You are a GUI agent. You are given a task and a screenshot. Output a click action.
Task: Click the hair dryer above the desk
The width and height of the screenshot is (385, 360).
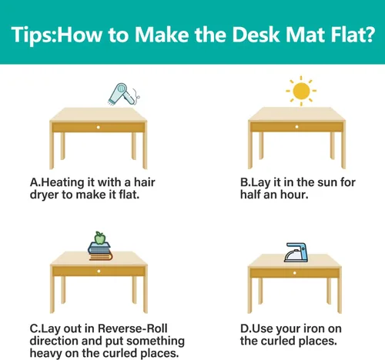[x=121, y=93]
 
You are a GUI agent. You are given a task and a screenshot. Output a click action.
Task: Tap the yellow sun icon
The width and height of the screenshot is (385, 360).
[x=301, y=91]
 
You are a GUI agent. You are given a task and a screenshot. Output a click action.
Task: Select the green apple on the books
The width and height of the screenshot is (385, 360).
[x=100, y=238]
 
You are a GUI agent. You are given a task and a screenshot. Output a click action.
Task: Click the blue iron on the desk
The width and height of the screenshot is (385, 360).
[x=296, y=252]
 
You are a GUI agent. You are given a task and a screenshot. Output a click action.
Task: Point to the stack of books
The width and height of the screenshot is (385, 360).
[x=100, y=252]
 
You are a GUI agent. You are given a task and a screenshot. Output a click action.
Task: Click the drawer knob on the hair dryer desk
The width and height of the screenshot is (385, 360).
[x=98, y=127]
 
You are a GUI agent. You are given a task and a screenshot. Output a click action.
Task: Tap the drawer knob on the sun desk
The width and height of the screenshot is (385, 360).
[x=296, y=127]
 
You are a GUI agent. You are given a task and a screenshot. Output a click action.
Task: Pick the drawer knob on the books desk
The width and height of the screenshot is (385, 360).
[x=99, y=271]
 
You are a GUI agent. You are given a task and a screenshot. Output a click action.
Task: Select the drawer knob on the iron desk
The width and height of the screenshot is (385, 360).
[x=295, y=273]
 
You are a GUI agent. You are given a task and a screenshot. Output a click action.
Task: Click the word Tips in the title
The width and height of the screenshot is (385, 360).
[x=32, y=35]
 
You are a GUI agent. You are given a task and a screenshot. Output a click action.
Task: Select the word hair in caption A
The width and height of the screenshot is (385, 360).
[x=145, y=182]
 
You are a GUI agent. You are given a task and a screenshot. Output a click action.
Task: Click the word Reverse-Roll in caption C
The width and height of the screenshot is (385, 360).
[x=132, y=328]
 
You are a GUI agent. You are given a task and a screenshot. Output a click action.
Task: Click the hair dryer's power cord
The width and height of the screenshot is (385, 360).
[x=137, y=97]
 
